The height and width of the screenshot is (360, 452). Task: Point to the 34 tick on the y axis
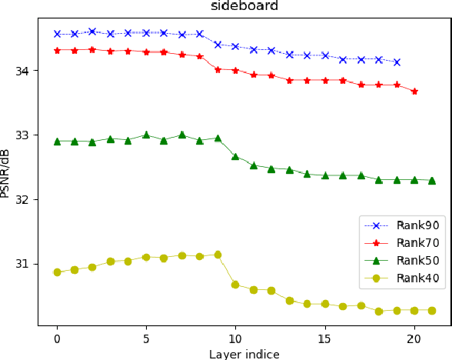(24, 72)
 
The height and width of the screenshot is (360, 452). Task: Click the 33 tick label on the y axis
(24, 135)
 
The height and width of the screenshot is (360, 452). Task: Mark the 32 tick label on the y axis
(24, 200)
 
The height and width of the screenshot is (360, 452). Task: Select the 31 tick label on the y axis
(24, 264)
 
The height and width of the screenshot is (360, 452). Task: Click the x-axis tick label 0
(57, 339)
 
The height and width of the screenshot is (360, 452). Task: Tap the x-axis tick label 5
(146, 339)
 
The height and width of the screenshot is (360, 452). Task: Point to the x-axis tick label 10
(235, 339)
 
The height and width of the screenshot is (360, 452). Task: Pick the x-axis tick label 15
(324, 339)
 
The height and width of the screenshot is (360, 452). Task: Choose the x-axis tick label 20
(414, 339)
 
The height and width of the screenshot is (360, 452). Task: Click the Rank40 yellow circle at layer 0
(57, 272)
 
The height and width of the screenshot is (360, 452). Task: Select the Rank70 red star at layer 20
(414, 91)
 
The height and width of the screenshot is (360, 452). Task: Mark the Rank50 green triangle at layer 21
(432, 181)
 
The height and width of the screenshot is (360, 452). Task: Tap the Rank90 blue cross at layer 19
(397, 62)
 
